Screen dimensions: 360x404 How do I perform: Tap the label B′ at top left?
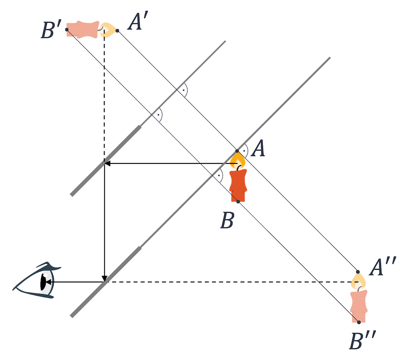51,30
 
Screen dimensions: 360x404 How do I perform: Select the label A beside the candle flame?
258,150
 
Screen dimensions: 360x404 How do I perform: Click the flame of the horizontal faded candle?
108,30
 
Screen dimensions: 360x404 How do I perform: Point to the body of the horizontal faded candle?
83,30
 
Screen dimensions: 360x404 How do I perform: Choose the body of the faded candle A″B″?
359,306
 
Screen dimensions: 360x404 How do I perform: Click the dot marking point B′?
67,30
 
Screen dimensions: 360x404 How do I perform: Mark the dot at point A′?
118,30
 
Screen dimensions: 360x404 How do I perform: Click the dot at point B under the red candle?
238,201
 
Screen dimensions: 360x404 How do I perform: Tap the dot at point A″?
358,271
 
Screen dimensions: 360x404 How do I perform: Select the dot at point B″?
359,322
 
